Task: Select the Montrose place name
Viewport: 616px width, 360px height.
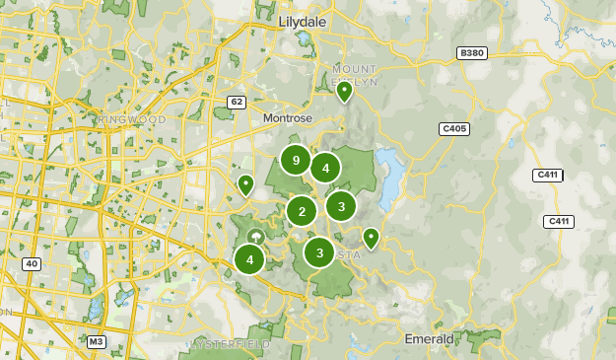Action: [x=287, y=117]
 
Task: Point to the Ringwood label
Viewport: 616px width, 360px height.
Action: [x=133, y=119]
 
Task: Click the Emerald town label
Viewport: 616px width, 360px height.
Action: [x=430, y=338]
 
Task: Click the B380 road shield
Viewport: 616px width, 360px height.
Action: [x=473, y=52]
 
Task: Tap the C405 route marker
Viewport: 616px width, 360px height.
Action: [x=454, y=128]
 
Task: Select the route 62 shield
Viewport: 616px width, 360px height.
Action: [x=236, y=102]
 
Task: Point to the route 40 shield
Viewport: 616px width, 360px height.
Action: [x=32, y=263]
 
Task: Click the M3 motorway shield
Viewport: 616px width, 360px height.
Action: [x=96, y=342]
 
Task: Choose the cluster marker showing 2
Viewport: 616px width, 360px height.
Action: [x=302, y=210]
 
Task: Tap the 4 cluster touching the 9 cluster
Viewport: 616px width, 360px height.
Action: [x=325, y=168]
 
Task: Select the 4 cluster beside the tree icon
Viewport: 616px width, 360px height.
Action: [x=250, y=260]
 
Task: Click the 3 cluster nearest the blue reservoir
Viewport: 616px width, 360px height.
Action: [x=341, y=206]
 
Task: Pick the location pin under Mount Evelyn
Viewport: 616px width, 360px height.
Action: [x=344, y=93]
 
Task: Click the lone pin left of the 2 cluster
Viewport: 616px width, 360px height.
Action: [x=245, y=184]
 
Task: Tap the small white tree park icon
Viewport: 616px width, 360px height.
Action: [x=255, y=237]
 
